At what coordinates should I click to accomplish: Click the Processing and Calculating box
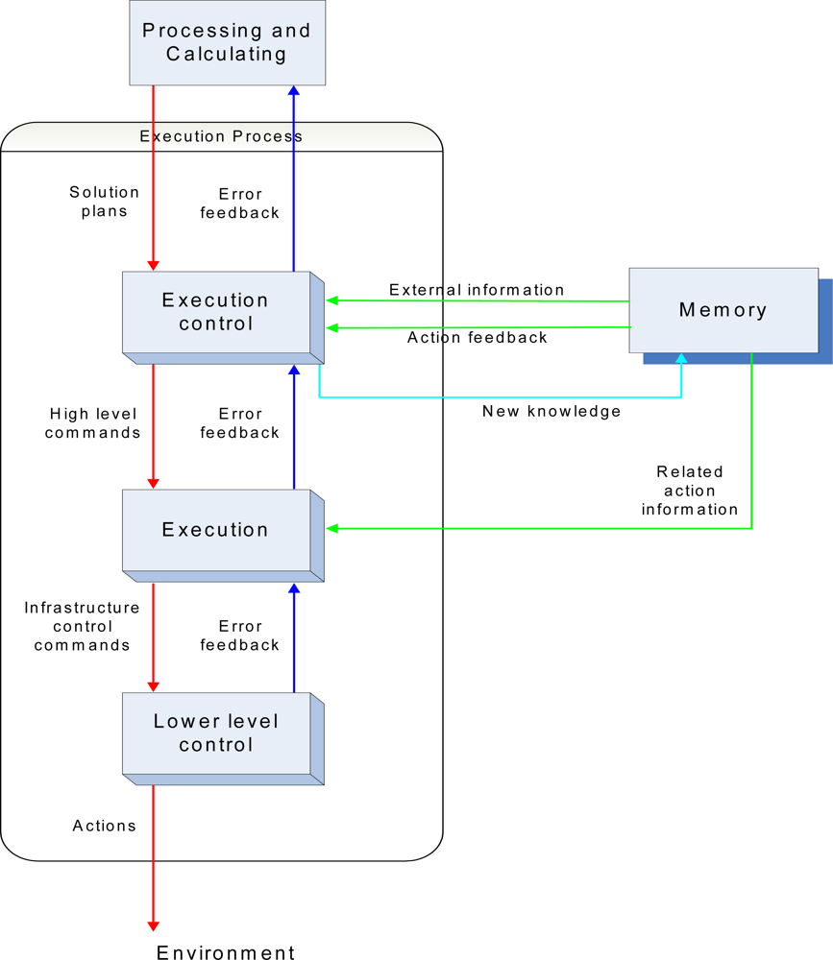(x=227, y=42)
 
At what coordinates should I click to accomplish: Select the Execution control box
(x=216, y=312)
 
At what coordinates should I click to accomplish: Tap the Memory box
(x=723, y=309)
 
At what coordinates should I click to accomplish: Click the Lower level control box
(x=216, y=733)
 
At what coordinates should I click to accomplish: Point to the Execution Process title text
(x=221, y=136)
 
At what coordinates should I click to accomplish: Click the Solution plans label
(x=104, y=202)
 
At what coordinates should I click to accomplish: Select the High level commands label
(x=94, y=423)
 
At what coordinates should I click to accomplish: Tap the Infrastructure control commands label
(x=82, y=626)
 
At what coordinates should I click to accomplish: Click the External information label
(x=477, y=290)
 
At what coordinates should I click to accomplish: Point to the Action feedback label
(x=477, y=338)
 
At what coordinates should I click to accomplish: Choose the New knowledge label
(x=551, y=411)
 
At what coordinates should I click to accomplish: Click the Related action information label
(x=690, y=491)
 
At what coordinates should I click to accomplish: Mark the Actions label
(x=105, y=826)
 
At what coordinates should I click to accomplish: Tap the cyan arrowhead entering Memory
(x=681, y=359)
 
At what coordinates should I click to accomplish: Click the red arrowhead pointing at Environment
(x=153, y=924)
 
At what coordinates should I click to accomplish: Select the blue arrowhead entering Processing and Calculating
(x=294, y=91)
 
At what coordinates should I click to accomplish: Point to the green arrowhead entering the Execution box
(x=332, y=528)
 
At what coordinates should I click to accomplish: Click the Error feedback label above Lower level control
(x=239, y=636)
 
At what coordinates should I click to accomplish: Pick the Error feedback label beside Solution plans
(x=239, y=204)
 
